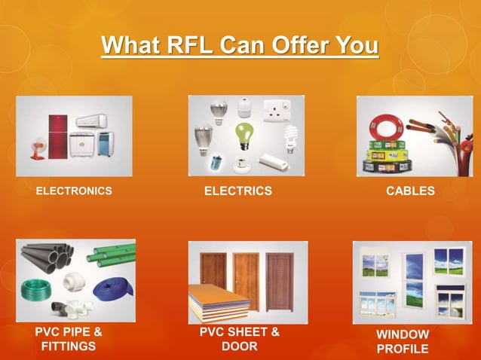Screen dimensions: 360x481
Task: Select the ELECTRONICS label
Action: [x=74, y=191]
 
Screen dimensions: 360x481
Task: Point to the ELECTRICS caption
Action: [x=238, y=191]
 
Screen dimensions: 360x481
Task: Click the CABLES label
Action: [x=410, y=191]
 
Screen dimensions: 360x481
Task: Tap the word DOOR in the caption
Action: [x=240, y=346]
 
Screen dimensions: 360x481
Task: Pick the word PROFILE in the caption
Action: [x=403, y=349]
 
